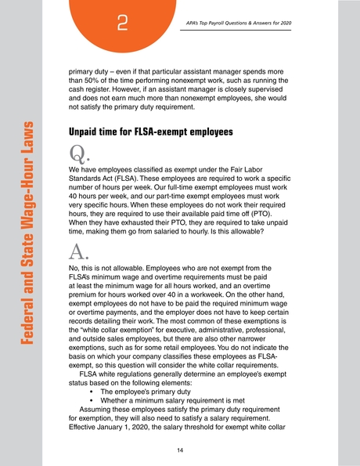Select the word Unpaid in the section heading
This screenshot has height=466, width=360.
(x=89, y=132)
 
